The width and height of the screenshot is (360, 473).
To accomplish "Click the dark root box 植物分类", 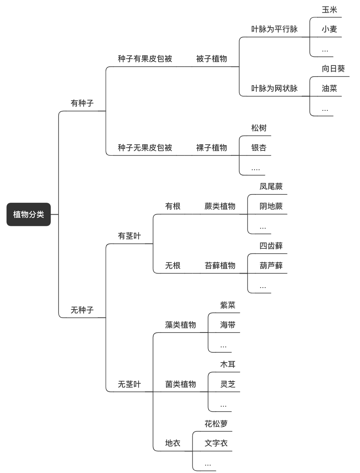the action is click(x=29, y=215).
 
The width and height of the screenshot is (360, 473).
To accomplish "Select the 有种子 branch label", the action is click(x=82, y=103).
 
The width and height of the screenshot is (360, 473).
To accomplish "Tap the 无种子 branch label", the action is click(x=82, y=310).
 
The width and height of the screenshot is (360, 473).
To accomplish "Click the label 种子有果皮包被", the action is click(x=145, y=59).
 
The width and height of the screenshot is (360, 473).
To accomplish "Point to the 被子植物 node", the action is click(x=211, y=59).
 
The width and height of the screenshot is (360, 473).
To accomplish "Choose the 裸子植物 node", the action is click(x=211, y=148).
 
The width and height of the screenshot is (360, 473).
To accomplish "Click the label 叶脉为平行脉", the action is click(x=274, y=29).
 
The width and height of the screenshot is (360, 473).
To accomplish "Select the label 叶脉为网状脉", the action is click(x=274, y=89).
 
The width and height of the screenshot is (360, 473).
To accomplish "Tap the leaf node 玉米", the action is click(x=329, y=9).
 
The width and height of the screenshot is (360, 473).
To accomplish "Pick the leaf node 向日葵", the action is click(x=333, y=69).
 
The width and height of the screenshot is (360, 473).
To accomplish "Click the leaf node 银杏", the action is click(x=259, y=148).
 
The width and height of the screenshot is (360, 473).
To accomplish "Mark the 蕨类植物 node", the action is click(x=220, y=206).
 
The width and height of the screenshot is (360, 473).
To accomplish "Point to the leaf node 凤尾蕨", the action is click(x=271, y=186).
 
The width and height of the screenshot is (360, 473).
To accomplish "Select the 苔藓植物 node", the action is click(x=220, y=265).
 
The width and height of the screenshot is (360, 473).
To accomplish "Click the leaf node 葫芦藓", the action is click(x=271, y=265).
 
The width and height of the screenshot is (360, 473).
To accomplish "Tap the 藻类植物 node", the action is click(x=180, y=325).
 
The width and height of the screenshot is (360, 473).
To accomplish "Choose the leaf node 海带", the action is click(x=228, y=325).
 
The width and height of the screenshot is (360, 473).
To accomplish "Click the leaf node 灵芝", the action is click(x=228, y=384).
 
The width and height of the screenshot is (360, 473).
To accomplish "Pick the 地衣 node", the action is click(x=173, y=443).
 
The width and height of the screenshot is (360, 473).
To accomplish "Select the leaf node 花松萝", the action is click(x=216, y=424).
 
